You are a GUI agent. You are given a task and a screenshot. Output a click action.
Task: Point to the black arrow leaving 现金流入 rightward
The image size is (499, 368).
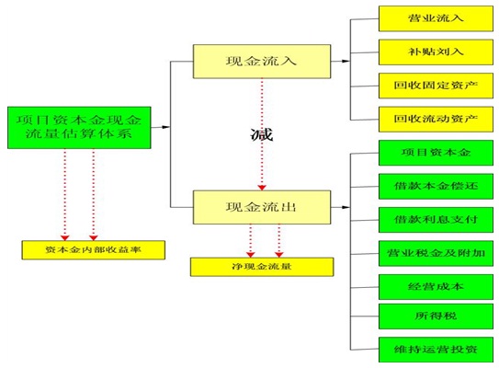click(340, 61)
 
